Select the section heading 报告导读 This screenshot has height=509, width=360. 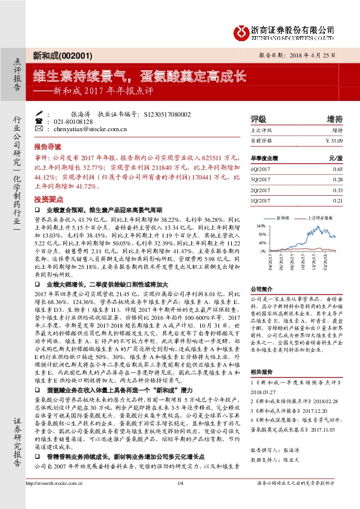point(47,147)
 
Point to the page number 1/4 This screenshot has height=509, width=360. point(180,500)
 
